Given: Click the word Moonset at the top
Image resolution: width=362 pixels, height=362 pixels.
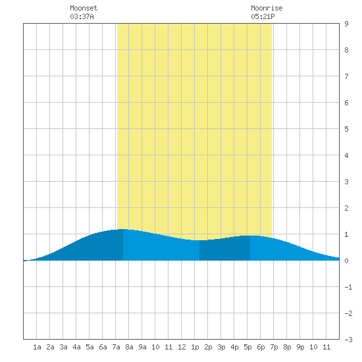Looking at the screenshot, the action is click(84, 8).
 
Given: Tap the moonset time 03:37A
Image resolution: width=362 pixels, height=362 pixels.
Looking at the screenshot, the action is click(82, 16).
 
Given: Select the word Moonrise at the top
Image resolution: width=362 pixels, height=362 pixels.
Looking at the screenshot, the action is click(267, 8).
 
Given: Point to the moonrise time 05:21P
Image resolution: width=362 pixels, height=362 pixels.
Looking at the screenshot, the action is click(263, 16).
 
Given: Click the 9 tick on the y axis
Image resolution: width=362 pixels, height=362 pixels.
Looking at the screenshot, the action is click(346, 24).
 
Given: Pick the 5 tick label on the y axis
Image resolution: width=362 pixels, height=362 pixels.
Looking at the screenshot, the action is click(346, 129).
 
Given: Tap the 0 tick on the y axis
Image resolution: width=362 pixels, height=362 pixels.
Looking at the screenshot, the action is click(346, 261).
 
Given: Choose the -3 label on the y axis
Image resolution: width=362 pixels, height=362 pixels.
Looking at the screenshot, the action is click(348, 340).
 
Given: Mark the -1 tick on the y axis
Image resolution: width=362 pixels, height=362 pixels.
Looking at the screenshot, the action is click(348, 287).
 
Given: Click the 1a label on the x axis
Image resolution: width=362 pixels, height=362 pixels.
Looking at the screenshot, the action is click(37, 347).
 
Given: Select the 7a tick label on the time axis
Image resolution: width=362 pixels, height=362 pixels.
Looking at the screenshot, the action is click(116, 347).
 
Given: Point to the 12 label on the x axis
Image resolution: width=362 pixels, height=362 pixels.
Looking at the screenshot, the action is click(182, 347).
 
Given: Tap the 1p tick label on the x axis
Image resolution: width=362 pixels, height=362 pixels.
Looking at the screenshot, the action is click(195, 347).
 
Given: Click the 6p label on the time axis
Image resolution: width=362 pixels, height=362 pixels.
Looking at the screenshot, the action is click(261, 347).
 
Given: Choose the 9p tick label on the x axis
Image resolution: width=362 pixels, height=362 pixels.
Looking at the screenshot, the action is click(300, 347).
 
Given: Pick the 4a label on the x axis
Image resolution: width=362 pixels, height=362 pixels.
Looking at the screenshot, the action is click(76, 347).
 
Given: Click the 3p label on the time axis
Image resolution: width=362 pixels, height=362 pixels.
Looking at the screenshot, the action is click(221, 347).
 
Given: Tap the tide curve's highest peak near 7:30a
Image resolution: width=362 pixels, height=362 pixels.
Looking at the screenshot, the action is click(122, 229).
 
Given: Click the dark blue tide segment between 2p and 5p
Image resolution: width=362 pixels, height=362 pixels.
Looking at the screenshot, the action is click(224, 249).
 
